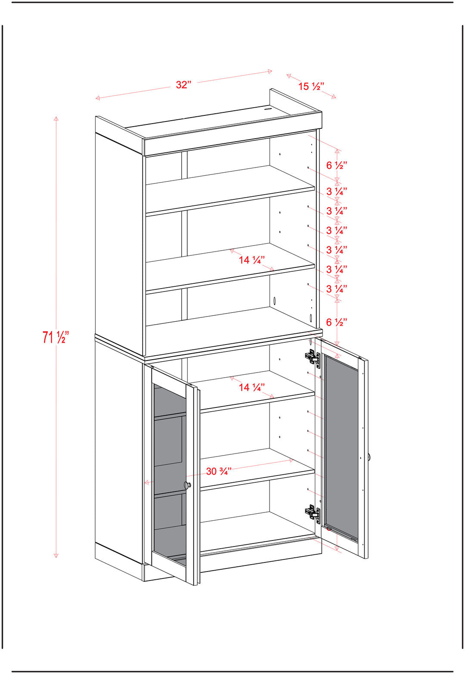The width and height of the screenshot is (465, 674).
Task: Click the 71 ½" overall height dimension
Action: [56, 337]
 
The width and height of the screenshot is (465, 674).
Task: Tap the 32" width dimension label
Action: [183, 85]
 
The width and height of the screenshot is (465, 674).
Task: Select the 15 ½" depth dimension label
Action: [311, 87]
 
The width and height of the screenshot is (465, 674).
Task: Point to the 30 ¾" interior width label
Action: [219, 471]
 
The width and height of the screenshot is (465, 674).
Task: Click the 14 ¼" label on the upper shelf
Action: [252, 260]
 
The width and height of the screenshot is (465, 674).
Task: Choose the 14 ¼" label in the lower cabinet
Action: [252, 387]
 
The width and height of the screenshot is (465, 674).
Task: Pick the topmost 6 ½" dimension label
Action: [337, 165]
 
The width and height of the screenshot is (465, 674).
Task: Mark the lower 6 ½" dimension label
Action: [337, 322]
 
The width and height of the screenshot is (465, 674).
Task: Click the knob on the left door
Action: [187, 485]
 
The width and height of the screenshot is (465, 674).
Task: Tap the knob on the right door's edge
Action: [369, 457]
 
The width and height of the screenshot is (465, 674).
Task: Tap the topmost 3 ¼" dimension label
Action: [337, 191]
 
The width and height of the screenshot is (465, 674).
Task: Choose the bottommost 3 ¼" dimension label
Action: [337, 289]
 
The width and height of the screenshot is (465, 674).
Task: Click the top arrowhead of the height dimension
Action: [56, 118]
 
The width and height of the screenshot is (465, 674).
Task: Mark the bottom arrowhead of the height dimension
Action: [56, 556]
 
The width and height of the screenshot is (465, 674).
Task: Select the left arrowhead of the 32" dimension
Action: [97, 98]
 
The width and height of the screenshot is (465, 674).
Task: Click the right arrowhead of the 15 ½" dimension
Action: [334, 96]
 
